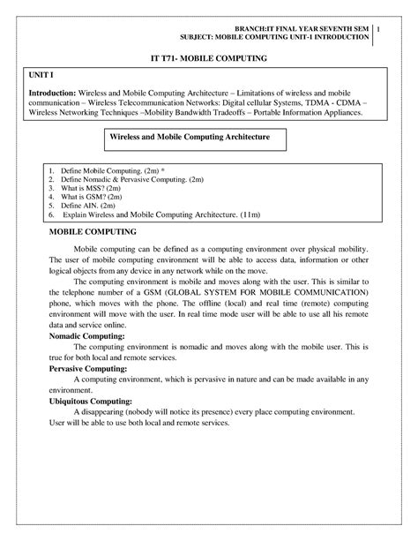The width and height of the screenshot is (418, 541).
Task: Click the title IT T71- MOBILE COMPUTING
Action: (208, 57)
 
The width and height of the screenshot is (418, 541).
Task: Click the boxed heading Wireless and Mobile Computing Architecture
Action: (189, 139)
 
